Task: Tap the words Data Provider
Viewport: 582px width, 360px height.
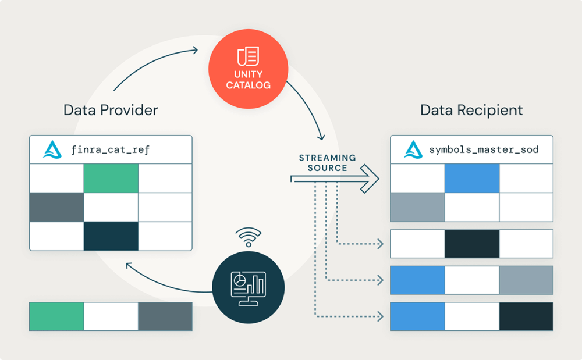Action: [x=111, y=110]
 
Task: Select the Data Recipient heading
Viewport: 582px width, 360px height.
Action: [x=471, y=110]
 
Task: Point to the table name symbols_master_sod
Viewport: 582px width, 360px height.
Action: [x=484, y=150]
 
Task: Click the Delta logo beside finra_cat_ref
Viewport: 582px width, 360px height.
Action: [x=52, y=149]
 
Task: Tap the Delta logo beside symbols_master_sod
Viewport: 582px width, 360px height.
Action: [x=413, y=149]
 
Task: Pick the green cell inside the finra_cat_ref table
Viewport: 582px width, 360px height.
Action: [x=111, y=178]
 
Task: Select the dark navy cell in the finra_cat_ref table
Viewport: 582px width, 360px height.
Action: [x=111, y=236]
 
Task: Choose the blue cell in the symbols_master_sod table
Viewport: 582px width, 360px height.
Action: [x=472, y=178]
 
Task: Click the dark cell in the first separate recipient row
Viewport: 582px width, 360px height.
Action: [x=472, y=244]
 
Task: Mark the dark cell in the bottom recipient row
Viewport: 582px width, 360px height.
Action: [x=526, y=316]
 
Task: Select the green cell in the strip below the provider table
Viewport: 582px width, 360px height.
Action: [x=56, y=316]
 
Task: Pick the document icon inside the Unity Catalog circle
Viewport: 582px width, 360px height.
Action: [x=248, y=56]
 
